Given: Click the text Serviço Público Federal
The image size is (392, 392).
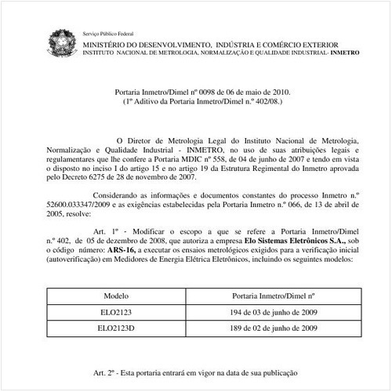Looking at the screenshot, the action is point(108,34).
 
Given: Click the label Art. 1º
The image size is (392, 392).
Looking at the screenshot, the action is point(105,232).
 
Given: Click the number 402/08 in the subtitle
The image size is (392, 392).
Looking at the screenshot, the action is point(256,101).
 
